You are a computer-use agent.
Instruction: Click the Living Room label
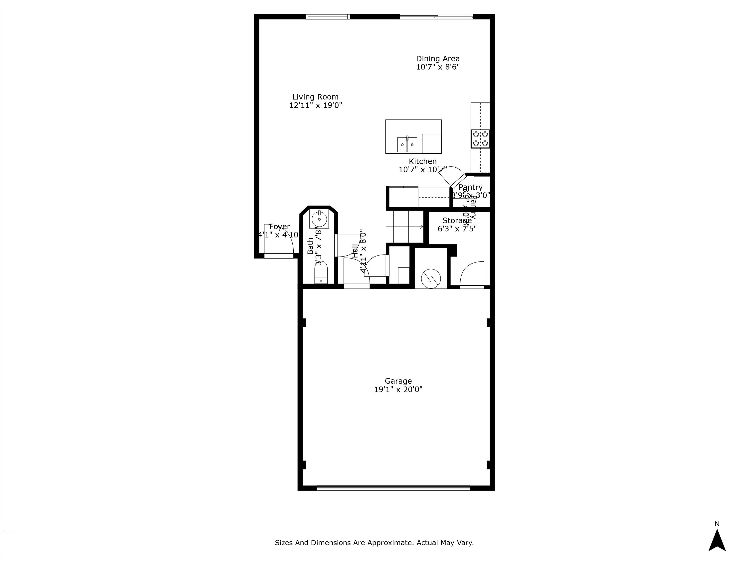(x=315, y=97)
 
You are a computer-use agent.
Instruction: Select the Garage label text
(x=398, y=381)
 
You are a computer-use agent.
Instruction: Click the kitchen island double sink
(x=407, y=145)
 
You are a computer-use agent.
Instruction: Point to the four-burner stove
(x=480, y=139)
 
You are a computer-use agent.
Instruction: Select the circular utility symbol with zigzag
(x=431, y=279)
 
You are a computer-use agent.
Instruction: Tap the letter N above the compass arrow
(x=717, y=524)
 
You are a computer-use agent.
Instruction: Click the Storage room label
(x=457, y=221)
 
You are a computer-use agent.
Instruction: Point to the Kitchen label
(x=423, y=161)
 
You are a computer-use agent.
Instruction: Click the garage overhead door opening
(x=393, y=488)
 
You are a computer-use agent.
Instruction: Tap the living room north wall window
(x=327, y=16)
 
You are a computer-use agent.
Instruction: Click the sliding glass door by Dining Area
(x=436, y=16)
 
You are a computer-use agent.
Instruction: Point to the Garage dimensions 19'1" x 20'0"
(x=398, y=390)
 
